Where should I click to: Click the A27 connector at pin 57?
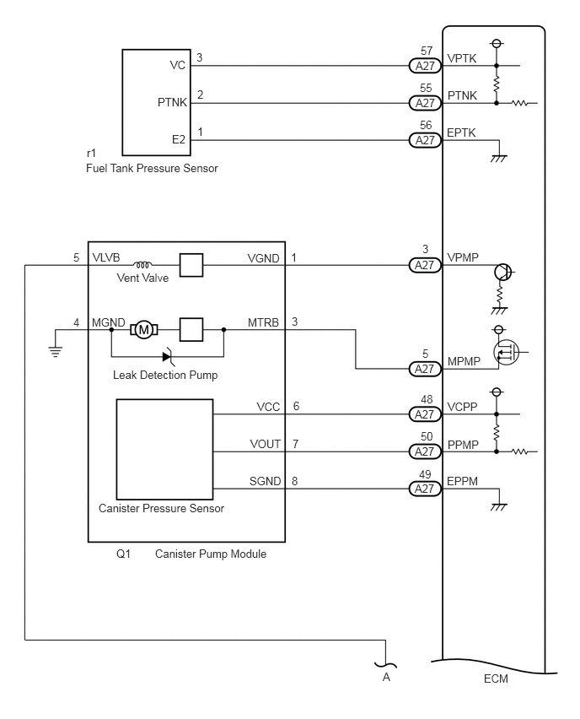tap(425, 66)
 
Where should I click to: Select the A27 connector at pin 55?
tap(425, 103)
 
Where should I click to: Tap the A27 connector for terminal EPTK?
tap(425, 140)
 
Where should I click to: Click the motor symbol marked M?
tap(144, 330)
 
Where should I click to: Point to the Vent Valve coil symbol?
tap(142, 265)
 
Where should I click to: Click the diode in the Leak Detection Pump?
tap(167, 356)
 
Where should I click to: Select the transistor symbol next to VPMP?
tap(503, 272)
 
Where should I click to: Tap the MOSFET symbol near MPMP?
tap(507, 352)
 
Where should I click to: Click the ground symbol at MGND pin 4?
tap(55, 352)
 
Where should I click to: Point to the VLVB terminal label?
tap(106, 257)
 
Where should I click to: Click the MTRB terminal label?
tap(263, 323)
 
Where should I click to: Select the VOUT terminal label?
tap(266, 445)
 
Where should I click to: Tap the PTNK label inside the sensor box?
tap(172, 102)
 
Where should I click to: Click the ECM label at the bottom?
tap(496, 678)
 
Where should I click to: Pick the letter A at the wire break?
tap(386, 677)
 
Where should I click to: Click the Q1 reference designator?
tap(123, 554)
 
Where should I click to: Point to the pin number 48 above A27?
tap(426, 399)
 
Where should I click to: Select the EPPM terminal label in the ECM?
tap(462, 481)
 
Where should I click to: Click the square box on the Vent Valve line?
tap(191, 265)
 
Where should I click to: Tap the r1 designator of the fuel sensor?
tap(91, 153)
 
